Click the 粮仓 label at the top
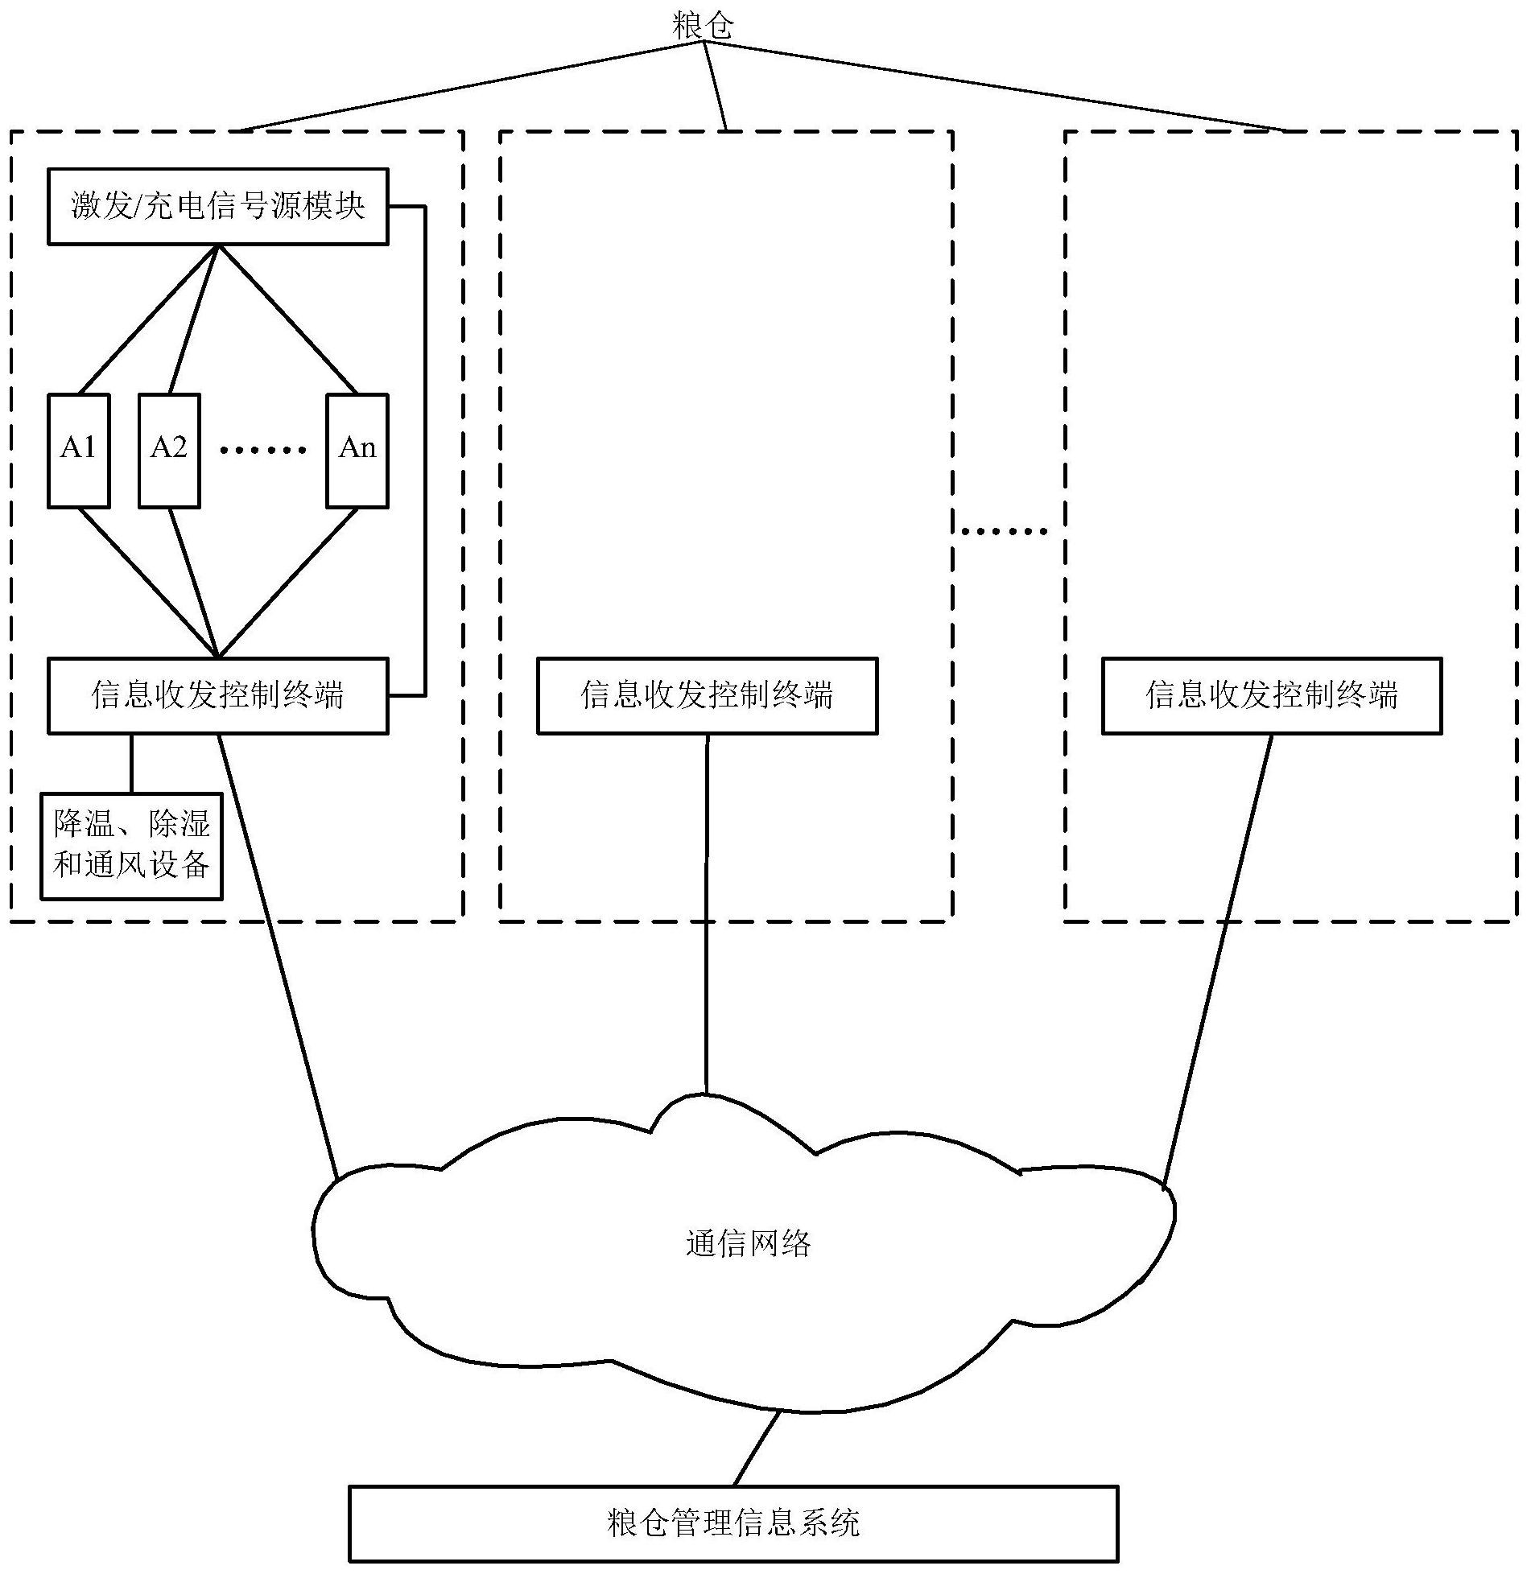(x=703, y=27)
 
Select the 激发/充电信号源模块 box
(x=217, y=206)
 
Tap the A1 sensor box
(x=78, y=451)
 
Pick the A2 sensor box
(x=168, y=451)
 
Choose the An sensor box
(x=357, y=451)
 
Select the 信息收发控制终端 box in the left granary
(x=217, y=695)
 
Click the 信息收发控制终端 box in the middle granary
(x=707, y=695)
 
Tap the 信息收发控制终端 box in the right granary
(x=1271, y=695)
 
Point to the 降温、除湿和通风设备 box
(x=131, y=845)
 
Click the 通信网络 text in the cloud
(x=748, y=1243)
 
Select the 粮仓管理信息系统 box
(x=732, y=1522)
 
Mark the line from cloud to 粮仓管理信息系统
(x=757, y=1448)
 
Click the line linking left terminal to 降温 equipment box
(x=131, y=763)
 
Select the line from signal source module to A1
(x=148, y=319)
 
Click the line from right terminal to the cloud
(x=1218, y=958)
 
